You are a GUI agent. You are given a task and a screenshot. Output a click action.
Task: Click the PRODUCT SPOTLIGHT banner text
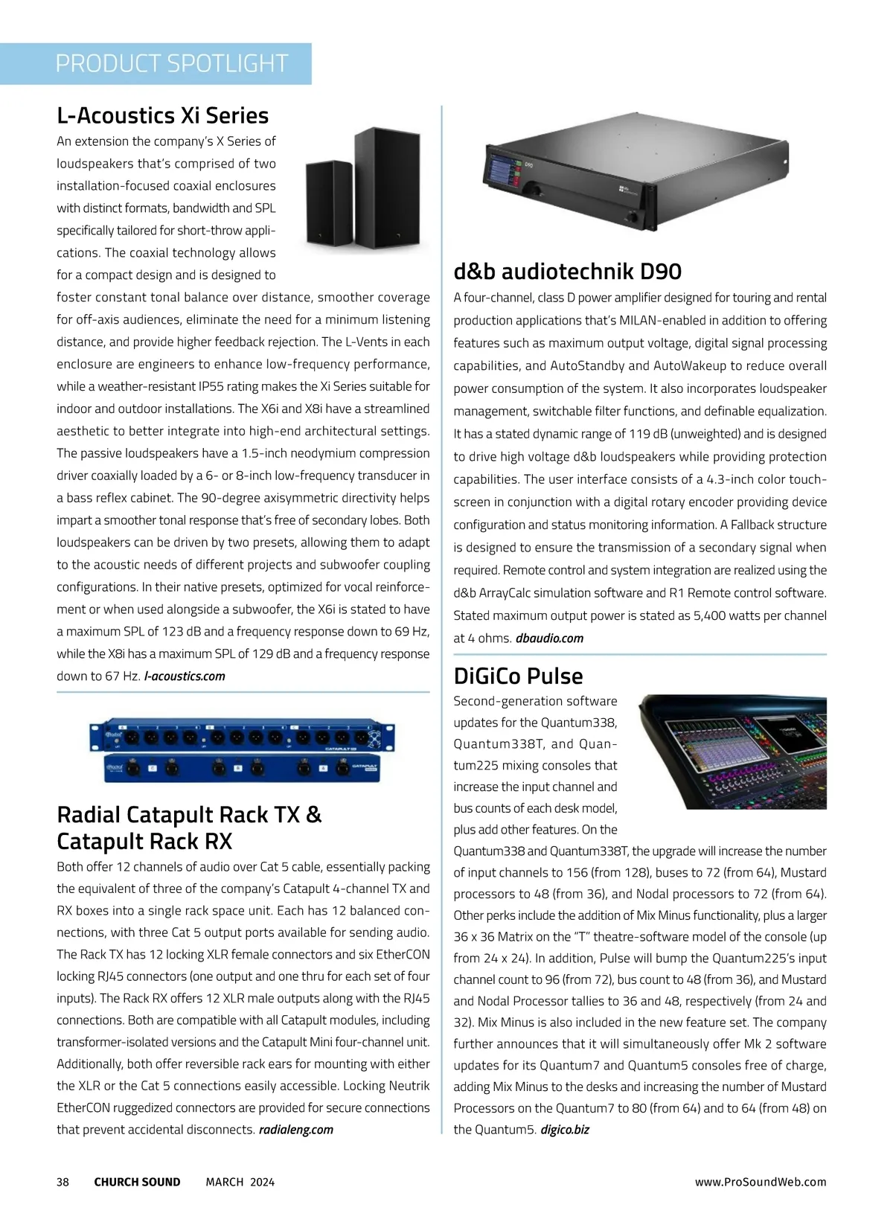click(x=171, y=64)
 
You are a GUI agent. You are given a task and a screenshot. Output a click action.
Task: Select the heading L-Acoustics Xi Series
click(x=162, y=115)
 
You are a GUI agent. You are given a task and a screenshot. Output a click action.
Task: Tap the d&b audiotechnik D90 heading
click(x=567, y=271)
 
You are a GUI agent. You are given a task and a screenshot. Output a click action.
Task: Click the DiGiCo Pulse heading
click(x=518, y=676)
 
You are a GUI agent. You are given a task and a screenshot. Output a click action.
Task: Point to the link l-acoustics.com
click(x=185, y=676)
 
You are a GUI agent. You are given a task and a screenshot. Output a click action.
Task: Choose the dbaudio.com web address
click(x=549, y=639)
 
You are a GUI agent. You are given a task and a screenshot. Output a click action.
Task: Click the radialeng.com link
click(x=296, y=1130)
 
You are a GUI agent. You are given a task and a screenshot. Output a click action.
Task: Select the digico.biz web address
click(x=565, y=1130)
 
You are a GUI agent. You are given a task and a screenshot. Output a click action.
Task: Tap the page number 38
click(x=63, y=1182)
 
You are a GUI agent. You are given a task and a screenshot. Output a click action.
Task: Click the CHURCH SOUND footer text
click(x=137, y=1182)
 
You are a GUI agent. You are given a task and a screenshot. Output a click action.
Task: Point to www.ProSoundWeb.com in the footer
click(x=761, y=1182)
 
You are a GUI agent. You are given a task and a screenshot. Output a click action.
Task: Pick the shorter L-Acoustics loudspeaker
click(x=330, y=201)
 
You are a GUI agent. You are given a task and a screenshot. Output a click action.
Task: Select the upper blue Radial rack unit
click(x=243, y=738)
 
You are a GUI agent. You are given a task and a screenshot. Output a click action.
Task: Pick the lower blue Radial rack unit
click(x=243, y=768)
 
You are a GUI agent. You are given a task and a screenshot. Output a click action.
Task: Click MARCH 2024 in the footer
click(x=240, y=1182)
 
